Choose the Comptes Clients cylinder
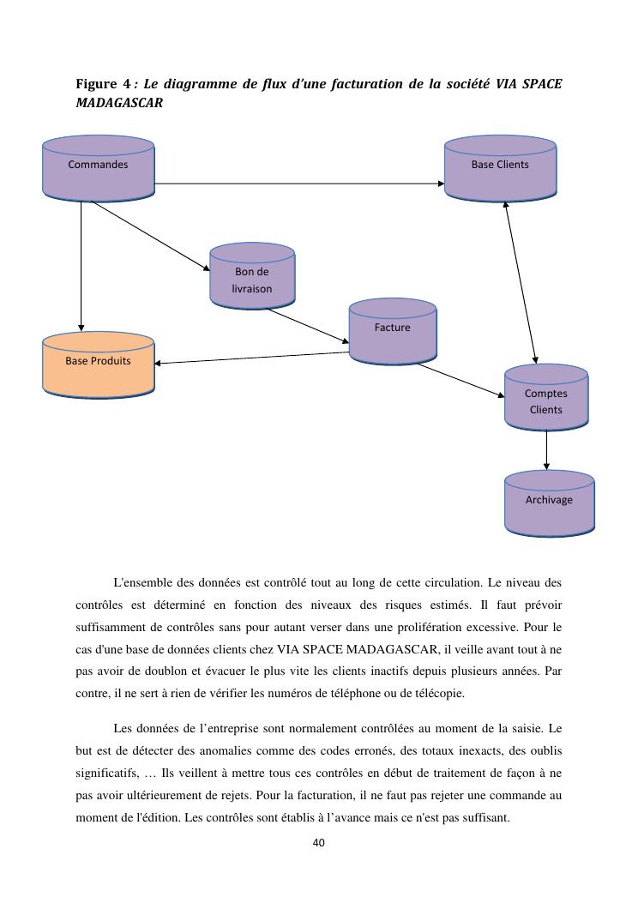tap(546, 398)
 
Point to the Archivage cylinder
tap(549, 503)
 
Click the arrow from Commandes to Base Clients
tap(300, 184)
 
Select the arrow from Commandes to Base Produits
tap(81, 266)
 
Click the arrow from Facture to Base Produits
tap(253, 358)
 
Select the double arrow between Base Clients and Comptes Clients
tap(521, 283)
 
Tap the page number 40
tap(318, 843)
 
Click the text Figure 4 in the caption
tap(103, 84)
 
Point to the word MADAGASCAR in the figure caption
tap(119, 103)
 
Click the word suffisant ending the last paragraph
tap(486, 817)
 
